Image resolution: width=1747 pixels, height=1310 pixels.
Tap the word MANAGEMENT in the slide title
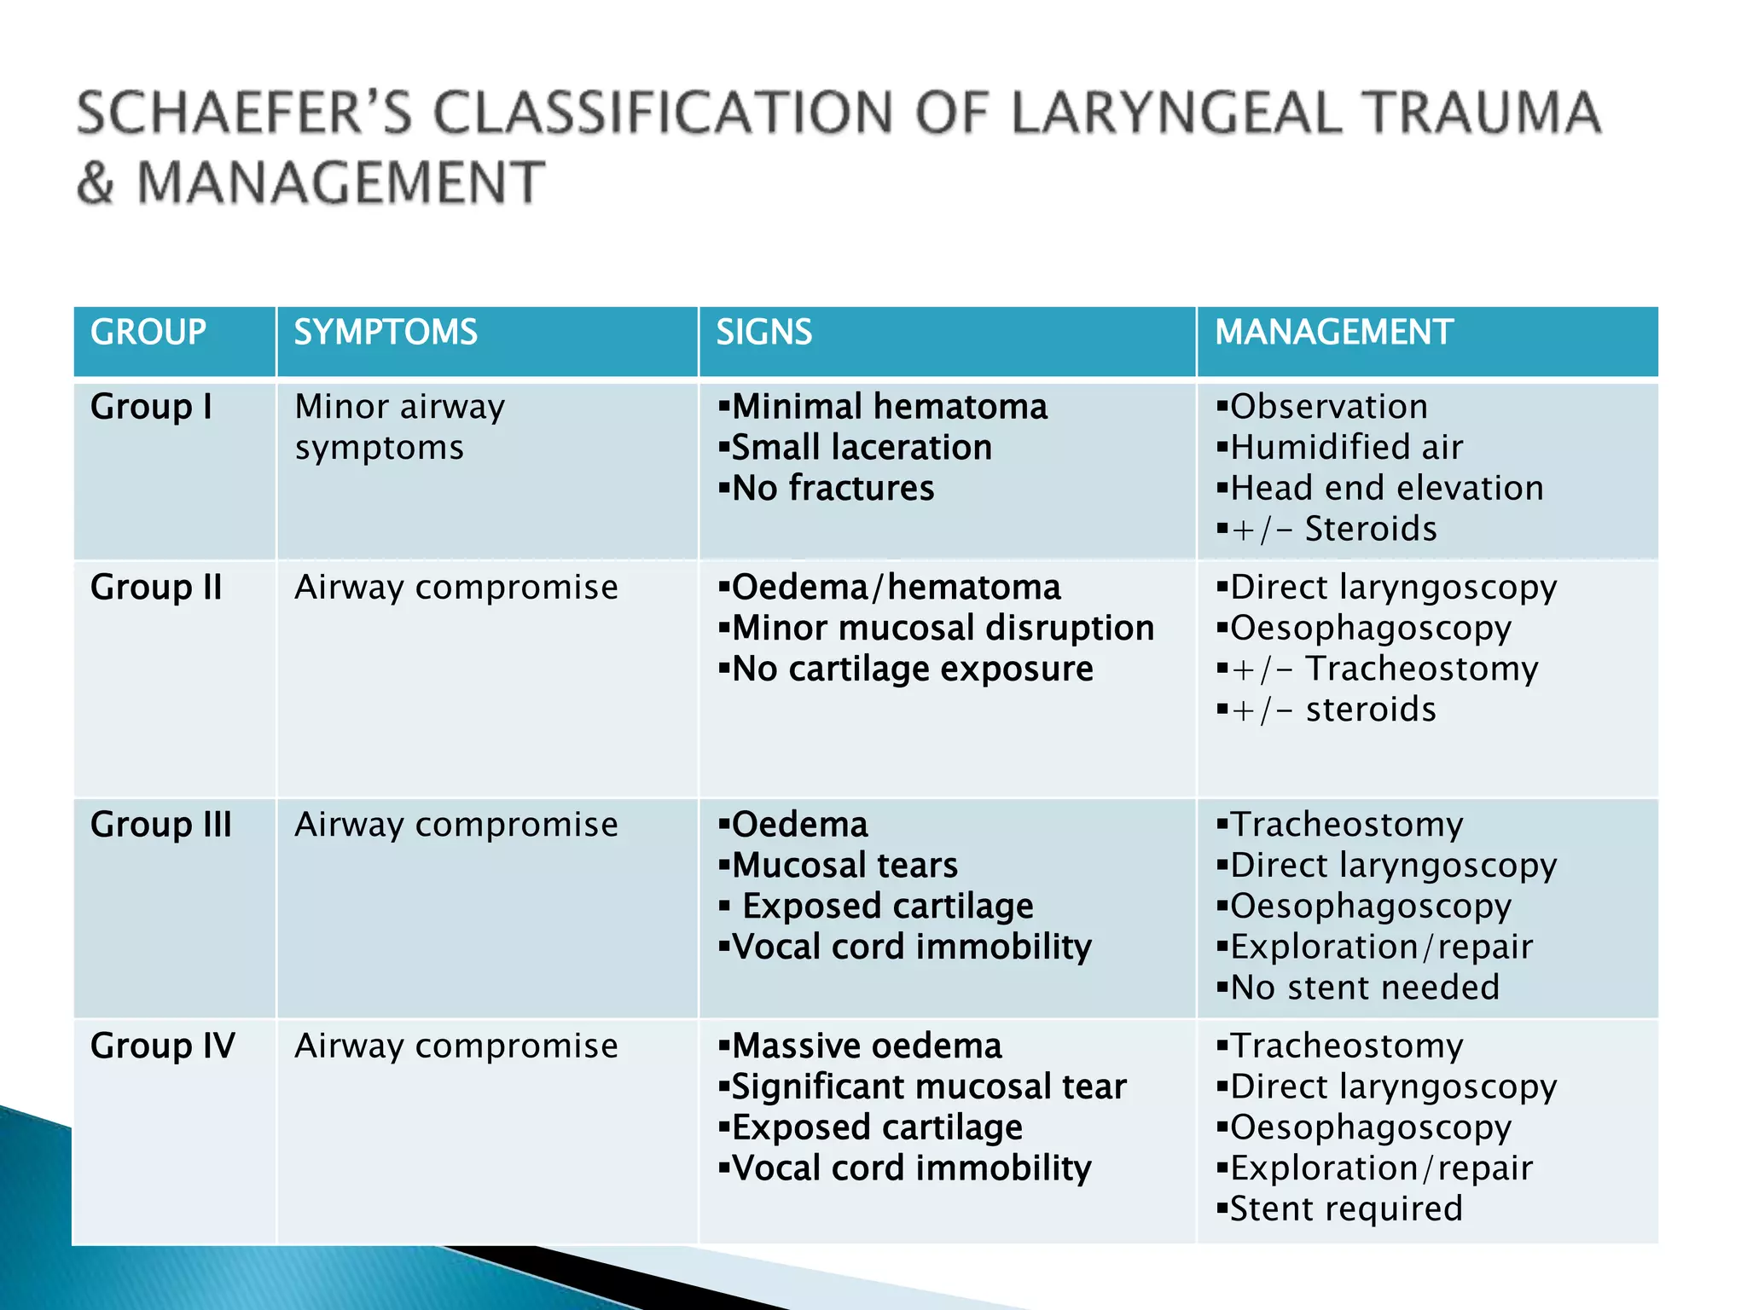point(340,183)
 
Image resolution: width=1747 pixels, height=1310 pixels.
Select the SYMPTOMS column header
point(386,332)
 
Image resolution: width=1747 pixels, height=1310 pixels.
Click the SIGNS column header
point(763,332)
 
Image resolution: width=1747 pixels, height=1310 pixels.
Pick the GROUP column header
point(148,332)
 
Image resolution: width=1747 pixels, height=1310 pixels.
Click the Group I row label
point(151,407)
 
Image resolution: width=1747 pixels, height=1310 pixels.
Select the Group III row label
point(161,825)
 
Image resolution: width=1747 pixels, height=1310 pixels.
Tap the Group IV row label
point(163,1046)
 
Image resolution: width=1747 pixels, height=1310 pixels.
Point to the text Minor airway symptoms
point(399,426)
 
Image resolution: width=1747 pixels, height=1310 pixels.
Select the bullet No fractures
point(833,489)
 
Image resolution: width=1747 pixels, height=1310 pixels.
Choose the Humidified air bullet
point(1346,448)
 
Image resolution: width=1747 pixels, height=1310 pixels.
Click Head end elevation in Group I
point(1386,489)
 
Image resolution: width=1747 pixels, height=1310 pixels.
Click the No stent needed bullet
point(1364,988)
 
